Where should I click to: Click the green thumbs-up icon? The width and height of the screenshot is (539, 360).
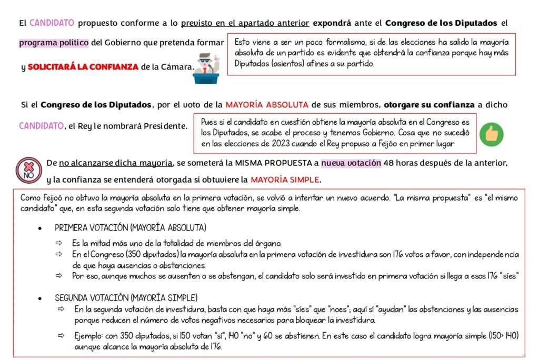(x=492, y=135)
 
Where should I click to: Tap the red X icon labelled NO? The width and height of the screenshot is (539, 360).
(x=27, y=169)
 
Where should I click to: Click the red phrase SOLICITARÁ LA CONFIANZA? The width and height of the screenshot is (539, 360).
(x=83, y=67)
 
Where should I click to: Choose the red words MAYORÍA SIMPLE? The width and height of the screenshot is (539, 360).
(x=285, y=179)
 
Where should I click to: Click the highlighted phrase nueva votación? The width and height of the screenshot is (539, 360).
(x=351, y=163)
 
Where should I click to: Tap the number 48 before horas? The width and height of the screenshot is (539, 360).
(x=388, y=163)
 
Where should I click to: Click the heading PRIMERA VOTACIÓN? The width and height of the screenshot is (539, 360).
(x=131, y=228)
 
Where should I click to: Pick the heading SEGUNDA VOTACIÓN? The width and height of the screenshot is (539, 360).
(x=126, y=297)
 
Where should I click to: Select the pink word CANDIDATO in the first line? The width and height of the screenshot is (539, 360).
(x=52, y=23)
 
